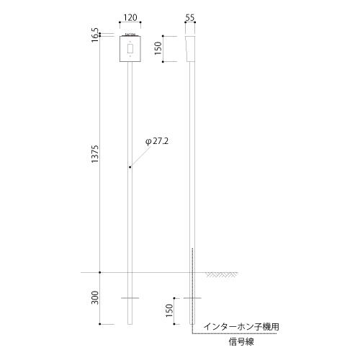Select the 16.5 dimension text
95,34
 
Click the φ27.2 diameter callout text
156,142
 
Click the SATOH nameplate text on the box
130,34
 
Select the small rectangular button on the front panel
130,48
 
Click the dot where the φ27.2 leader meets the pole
130,168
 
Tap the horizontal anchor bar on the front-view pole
130,297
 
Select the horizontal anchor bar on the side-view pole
192,297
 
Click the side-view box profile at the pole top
191,48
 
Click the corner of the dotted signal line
193,334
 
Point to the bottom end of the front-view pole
130,325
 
